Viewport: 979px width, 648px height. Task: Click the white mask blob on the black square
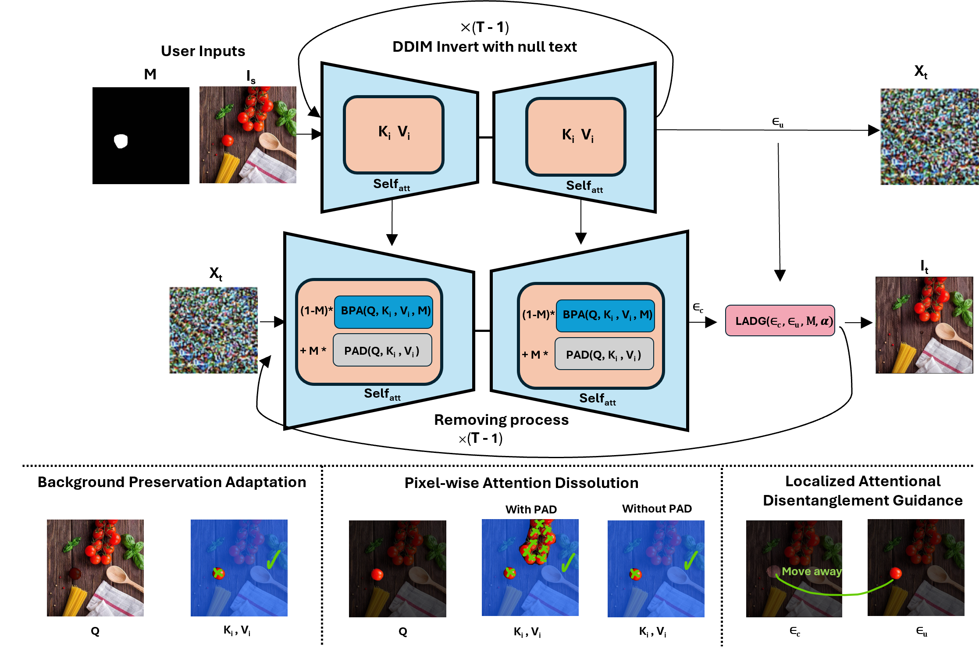[x=121, y=141]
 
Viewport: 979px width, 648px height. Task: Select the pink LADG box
[x=780, y=321]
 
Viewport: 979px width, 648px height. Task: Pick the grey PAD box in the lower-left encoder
[x=382, y=350]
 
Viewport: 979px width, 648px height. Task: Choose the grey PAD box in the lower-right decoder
[x=604, y=354]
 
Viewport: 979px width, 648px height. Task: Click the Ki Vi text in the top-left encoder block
[x=394, y=132]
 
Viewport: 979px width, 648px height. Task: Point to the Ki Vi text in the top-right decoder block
[x=578, y=135]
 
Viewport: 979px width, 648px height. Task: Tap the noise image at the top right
[x=929, y=137]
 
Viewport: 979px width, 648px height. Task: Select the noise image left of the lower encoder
[x=214, y=330]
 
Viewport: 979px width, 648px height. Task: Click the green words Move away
[x=812, y=572]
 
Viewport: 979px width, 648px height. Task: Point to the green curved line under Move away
[x=835, y=594]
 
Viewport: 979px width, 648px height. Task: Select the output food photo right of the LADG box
[x=924, y=325]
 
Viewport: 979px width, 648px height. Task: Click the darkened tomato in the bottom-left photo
[x=75, y=573]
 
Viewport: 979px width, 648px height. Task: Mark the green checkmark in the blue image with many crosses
[x=568, y=562]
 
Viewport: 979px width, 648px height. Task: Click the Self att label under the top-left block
[x=391, y=185]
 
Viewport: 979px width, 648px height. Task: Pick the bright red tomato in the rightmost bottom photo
[x=896, y=573]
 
